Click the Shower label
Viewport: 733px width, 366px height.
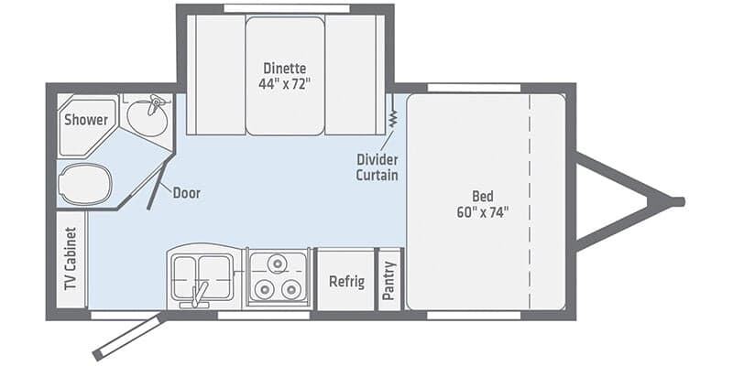click(85, 120)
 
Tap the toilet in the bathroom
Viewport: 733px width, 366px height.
click(84, 184)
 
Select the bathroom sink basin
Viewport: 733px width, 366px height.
click(147, 117)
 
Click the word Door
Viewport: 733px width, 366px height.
click(186, 193)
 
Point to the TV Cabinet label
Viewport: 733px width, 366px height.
click(70, 258)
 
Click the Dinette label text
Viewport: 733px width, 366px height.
click(283, 69)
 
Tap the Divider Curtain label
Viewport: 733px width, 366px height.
click(377, 167)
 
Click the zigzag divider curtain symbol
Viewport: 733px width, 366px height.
click(392, 118)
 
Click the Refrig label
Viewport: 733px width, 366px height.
click(346, 281)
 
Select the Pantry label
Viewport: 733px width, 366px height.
click(390, 280)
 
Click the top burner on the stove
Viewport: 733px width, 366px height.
click(279, 266)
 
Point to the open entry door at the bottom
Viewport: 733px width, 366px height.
click(128, 338)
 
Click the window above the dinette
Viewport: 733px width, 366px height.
click(285, 8)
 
